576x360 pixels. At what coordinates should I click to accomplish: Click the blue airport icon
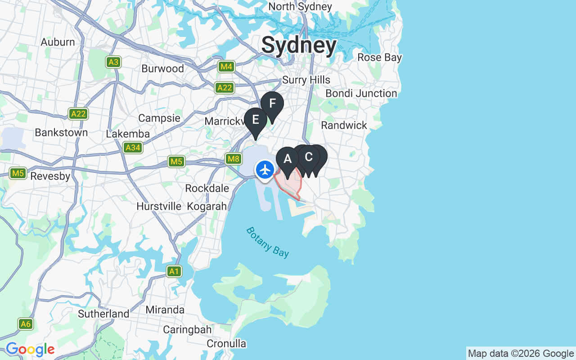[x=265, y=170]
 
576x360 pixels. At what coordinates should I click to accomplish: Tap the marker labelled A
[x=288, y=159]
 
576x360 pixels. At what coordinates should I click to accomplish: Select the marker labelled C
[x=309, y=157]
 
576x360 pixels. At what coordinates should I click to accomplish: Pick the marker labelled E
[x=256, y=120]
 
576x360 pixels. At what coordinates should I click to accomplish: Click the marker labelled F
[x=272, y=104]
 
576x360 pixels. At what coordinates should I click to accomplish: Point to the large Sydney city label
[x=299, y=45]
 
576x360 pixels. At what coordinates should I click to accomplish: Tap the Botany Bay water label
[x=267, y=242]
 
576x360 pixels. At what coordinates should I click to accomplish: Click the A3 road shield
[x=113, y=62]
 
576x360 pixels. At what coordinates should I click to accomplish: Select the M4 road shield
[x=226, y=67]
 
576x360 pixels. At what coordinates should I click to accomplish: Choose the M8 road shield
[x=233, y=158]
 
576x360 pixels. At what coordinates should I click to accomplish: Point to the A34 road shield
[x=133, y=148]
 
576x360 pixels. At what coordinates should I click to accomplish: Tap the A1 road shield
[x=174, y=271]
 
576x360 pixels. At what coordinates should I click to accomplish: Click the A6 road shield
[x=26, y=324]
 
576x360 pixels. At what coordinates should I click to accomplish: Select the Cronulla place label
[x=226, y=344]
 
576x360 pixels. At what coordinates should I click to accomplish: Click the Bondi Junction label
[x=361, y=94]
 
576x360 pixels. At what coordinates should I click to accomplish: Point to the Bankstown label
[x=61, y=133]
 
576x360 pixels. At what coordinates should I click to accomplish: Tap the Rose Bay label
[x=379, y=58]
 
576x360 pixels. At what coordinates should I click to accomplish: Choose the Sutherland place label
[x=103, y=314]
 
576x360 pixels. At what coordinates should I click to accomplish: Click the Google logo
[x=30, y=349]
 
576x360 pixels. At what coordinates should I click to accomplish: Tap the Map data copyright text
[x=521, y=354]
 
